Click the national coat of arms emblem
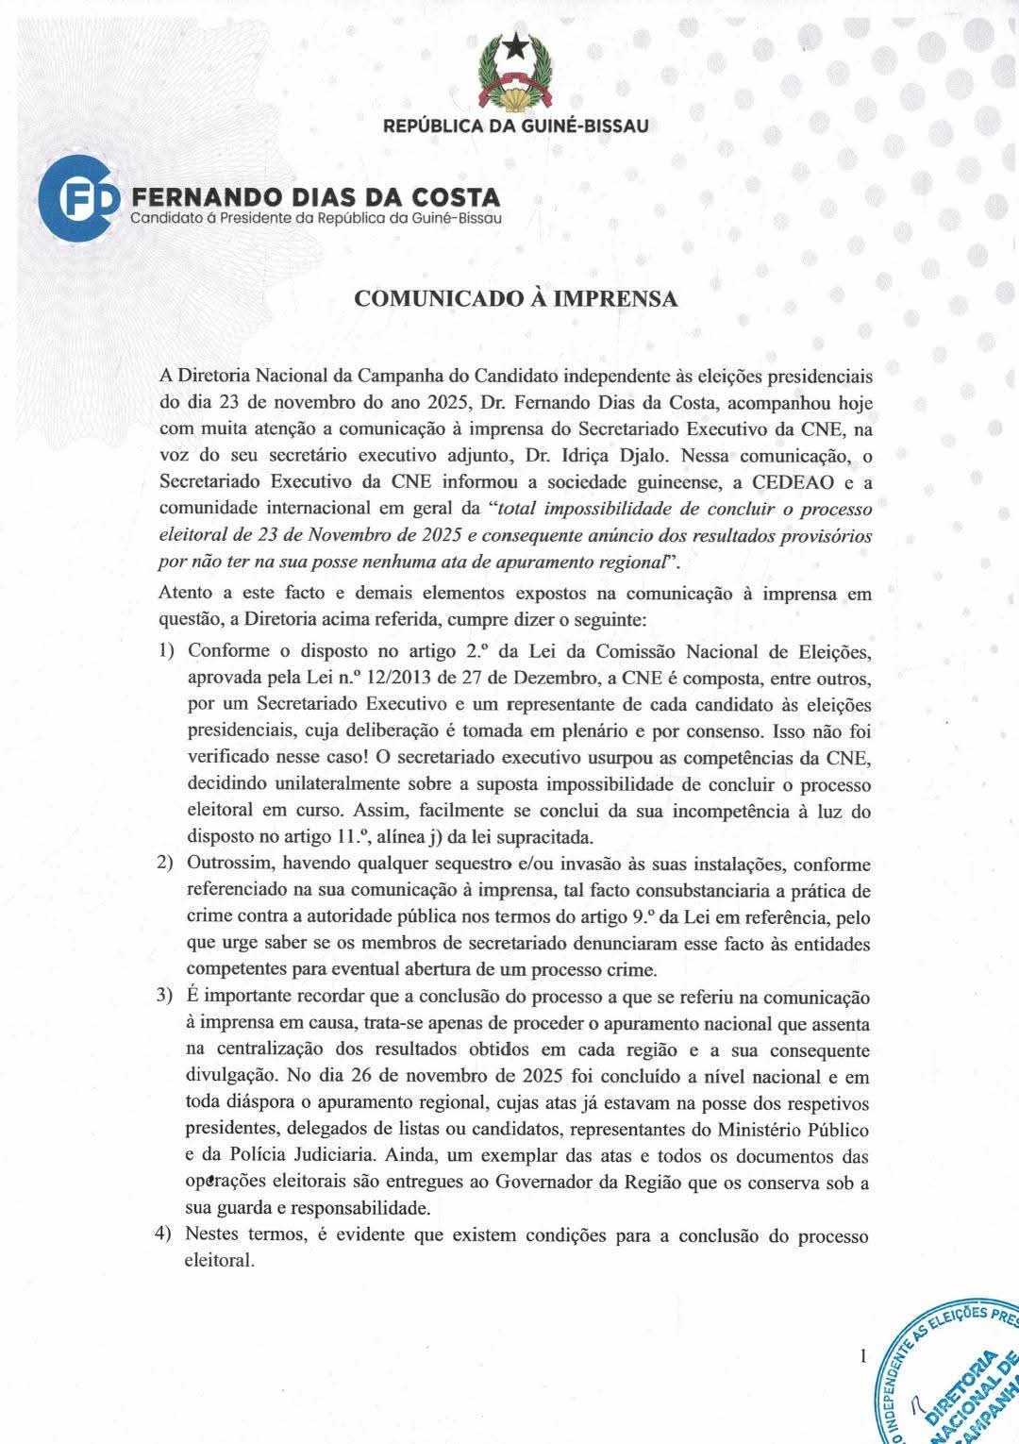515,72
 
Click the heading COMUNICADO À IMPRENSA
515,299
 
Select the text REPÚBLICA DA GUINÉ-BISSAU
515,126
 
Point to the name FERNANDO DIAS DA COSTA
316,197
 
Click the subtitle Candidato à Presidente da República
316,219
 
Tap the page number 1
862,1357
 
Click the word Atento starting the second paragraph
186,593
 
